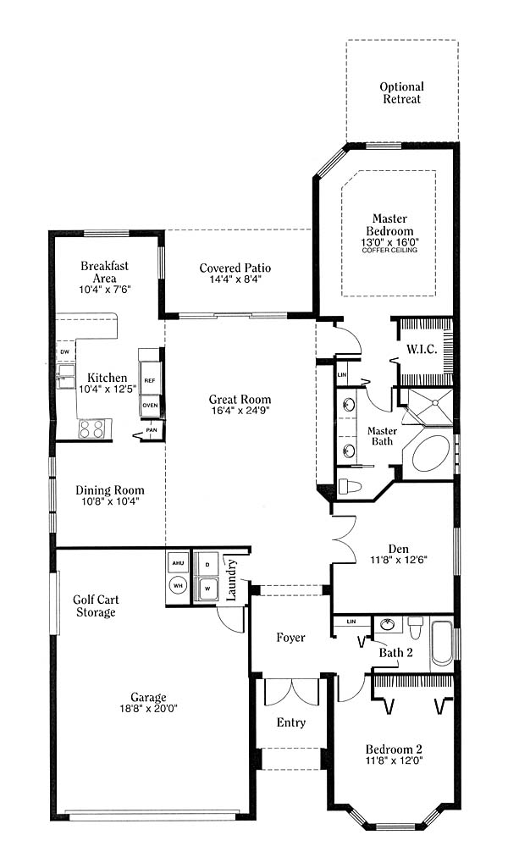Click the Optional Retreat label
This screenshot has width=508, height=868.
pos(402,93)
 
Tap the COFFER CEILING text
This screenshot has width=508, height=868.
pos(389,250)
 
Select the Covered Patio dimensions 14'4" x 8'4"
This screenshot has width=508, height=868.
pos(235,279)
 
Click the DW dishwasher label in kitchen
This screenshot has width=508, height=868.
pos(64,352)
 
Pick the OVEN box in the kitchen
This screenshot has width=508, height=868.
pos(150,405)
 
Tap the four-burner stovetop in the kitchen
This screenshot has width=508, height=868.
pos(91,428)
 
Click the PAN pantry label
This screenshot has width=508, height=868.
pos(151,430)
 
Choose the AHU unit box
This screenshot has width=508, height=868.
pos(178,563)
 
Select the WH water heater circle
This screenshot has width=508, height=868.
pos(178,585)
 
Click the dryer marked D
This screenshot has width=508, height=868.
pos(207,565)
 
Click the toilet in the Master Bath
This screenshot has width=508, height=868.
pos(350,487)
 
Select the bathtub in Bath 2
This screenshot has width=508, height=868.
pos(442,644)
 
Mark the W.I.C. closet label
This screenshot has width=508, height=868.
pos(422,349)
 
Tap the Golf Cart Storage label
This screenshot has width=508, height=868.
pos(96,605)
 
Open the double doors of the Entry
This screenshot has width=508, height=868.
pos(291,691)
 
